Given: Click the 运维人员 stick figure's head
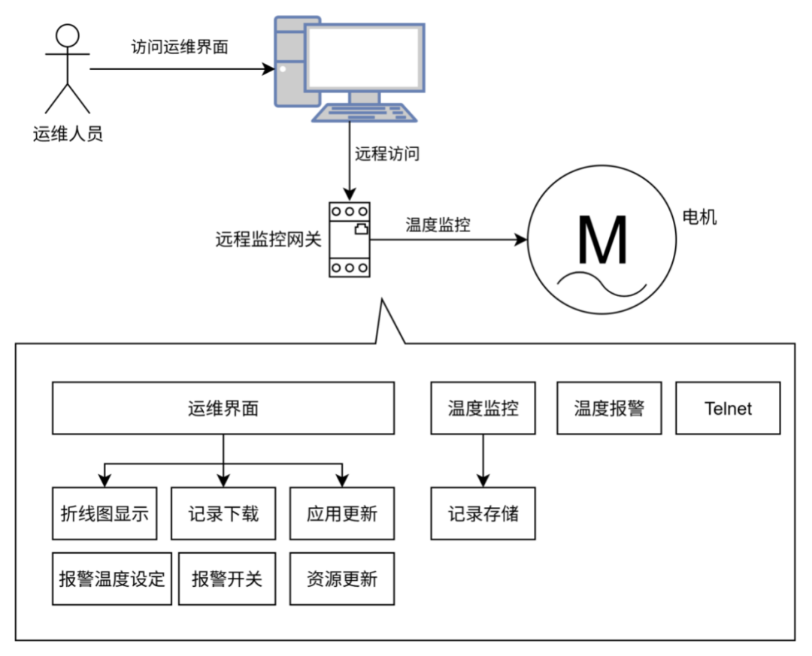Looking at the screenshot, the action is coord(68,36).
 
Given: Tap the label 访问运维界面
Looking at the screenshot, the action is coord(180,47).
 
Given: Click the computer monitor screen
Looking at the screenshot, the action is coord(365,57).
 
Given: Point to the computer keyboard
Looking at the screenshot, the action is coord(365,113).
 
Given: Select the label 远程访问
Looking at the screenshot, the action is coord(387,154).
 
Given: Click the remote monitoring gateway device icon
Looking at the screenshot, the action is coord(350,240).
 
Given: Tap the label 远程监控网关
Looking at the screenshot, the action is coord(268,239).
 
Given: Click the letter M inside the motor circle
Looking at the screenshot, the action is coord(602,240).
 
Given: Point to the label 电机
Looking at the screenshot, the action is coord(699,216).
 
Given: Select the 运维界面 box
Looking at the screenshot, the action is coord(223,408).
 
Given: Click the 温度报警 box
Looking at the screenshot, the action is coord(609,408).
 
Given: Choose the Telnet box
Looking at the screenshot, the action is coord(728,408).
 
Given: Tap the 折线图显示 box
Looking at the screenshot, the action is coord(105,513).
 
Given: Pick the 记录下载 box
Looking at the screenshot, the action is coord(223,513).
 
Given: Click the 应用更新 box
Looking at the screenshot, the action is coord(342,513).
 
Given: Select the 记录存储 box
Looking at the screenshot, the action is coord(483,513).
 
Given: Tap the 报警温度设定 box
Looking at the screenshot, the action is coord(112,579).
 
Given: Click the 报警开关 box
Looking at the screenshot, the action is coord(227,579).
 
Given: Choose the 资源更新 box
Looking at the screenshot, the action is coord(342,579).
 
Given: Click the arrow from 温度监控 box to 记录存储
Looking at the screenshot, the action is coord(483,461).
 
